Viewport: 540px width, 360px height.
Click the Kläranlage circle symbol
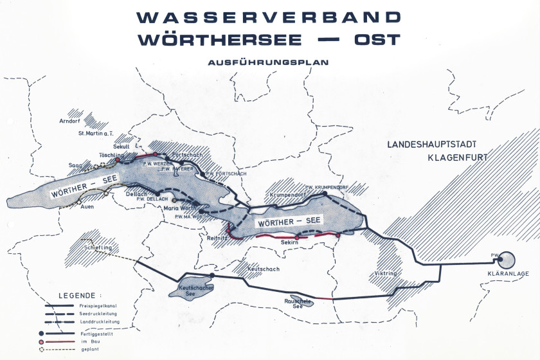506,260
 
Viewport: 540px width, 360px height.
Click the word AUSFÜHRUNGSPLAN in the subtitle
268,63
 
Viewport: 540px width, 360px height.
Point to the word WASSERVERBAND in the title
269,16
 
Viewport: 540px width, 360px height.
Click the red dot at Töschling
118,160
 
